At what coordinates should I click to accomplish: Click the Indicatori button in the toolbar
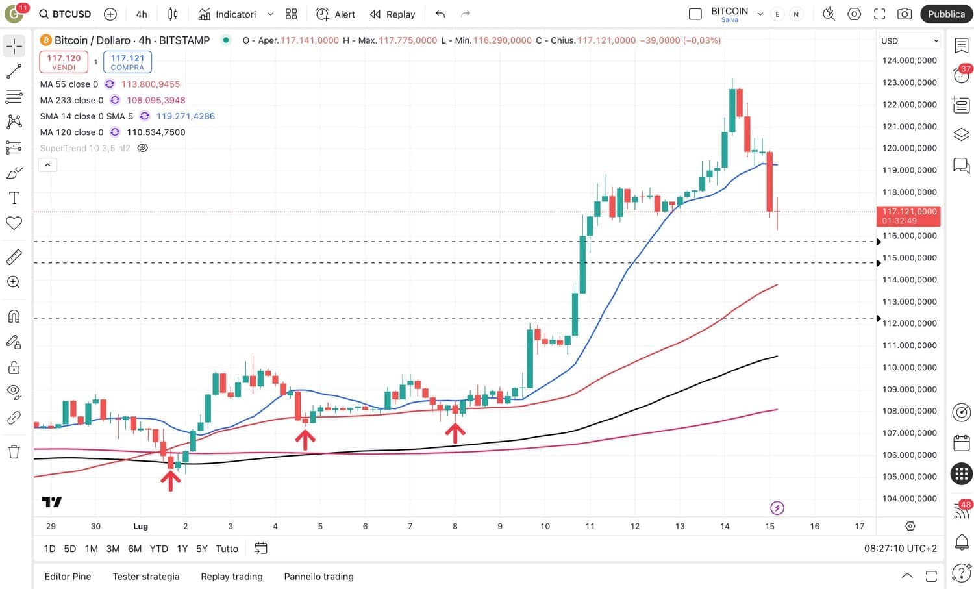(x=227, y=14)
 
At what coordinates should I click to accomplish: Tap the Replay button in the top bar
(x=392, y=14)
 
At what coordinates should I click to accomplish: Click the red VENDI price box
(x=64, y=62)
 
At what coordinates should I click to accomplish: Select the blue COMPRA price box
(x=127, y=62)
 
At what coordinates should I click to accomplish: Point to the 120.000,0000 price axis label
(x=909, y=148)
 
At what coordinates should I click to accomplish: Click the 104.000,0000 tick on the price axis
(x=909, y=499)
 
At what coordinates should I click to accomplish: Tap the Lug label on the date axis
(x=140, y=526)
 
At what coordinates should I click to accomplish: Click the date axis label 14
(x=725, y=526)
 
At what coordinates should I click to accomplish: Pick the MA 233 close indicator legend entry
(x=71, y=100)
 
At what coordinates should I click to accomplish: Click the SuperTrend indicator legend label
(x=85, y=148)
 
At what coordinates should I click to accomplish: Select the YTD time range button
(x=158, y=549)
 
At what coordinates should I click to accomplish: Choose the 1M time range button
(x=92, y=549)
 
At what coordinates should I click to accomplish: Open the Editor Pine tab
(x=68, y=576)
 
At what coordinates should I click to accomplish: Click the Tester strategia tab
(x=146, y=576)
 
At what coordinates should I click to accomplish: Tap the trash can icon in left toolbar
(x=14, y=452)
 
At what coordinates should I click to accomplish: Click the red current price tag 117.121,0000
(x=908, y=216)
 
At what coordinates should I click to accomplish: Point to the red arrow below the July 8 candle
(x=455, y=433)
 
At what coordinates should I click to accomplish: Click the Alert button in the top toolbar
(x=336, y=14)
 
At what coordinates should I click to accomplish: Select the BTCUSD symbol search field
(x=65, y=14)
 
